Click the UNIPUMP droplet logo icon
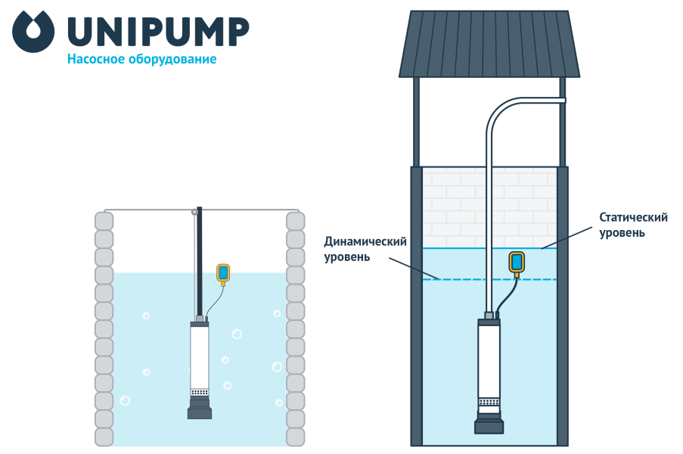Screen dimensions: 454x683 click(x=33, y=32)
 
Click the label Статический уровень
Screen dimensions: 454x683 click(x=633, y=225)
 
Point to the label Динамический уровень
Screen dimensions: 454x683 click(x=365, y=249)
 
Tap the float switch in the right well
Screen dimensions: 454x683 click(x=517, y=262)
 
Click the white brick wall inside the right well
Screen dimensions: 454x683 click(x=454, y=204)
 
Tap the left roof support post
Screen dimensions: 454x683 click(x=416, y=121)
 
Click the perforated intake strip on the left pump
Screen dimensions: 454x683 click(x=200, y=392)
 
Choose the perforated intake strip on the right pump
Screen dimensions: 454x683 click(x=489, y=402)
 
